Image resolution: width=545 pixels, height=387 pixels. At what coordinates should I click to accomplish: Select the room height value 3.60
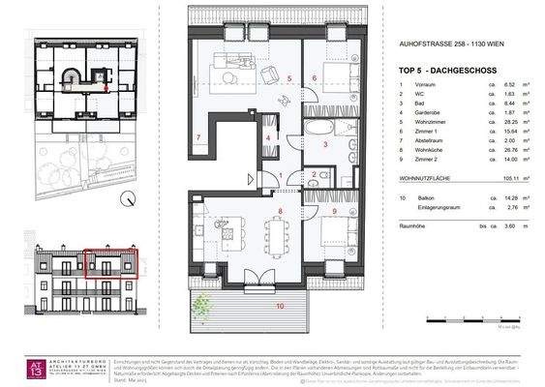pyautogui.click(x=497, y=224)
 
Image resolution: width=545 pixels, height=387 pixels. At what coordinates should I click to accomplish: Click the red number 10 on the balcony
pyautogui.click(x=281, y=306)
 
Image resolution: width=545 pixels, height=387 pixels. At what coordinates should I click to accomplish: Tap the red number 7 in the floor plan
pyautogui.click(x=197, y=138)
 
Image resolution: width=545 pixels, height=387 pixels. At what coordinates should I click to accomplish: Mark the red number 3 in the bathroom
pyautogui.click(x=326, y=145)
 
